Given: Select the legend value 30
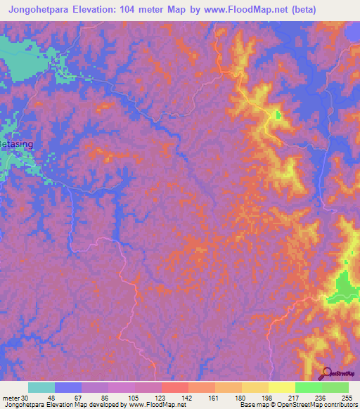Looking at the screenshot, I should [x=25, y=398].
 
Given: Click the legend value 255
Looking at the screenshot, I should [x=346, y=398].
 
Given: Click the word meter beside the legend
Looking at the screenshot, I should [x=11, y=398].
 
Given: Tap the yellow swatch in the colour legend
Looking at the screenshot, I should [x=282, y=387].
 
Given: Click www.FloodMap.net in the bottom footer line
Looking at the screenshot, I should [x=150, y=405].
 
